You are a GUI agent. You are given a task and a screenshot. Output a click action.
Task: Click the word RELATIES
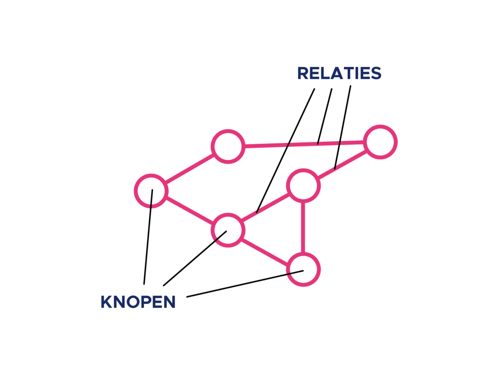point(339,74)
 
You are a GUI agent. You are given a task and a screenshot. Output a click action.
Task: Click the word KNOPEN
point(138,302)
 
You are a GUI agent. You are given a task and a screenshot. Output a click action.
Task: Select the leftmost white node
point(151,190)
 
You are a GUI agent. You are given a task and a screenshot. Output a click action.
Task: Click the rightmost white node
point(381,142)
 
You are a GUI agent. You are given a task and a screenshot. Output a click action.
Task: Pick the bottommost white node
point(303,269)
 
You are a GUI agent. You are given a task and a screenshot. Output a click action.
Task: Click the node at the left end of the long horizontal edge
point(228,146)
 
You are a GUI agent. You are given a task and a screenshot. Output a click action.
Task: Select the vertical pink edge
point(303,227)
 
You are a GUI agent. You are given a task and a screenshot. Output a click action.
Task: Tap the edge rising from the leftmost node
point(189,168)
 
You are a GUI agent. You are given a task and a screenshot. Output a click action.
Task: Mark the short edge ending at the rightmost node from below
point(342,164)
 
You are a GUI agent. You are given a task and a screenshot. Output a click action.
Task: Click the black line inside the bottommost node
point(295,272)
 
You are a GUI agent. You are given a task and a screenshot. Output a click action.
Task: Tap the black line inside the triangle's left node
point(220,235)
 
